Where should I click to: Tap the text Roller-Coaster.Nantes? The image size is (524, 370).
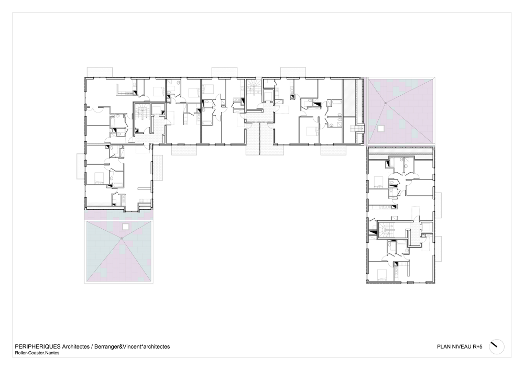[37, 353]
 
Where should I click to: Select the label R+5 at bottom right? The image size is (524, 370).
[477, 346]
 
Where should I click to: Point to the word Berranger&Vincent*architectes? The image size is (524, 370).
[132, 346]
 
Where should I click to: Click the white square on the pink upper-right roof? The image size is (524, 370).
[380, 128]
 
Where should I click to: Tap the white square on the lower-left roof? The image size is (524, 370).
[125, 227]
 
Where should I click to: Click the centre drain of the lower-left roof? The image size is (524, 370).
[122, 238]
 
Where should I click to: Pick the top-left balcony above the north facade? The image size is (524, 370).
[100, 72]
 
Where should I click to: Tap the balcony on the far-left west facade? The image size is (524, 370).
[81, 166]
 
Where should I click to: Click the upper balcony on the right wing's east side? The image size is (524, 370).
[438, 205]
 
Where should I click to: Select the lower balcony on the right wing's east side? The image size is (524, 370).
[438, 249]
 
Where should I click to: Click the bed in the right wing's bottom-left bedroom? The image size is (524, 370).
[381, 275]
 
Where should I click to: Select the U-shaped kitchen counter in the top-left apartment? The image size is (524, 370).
[125, 89]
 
